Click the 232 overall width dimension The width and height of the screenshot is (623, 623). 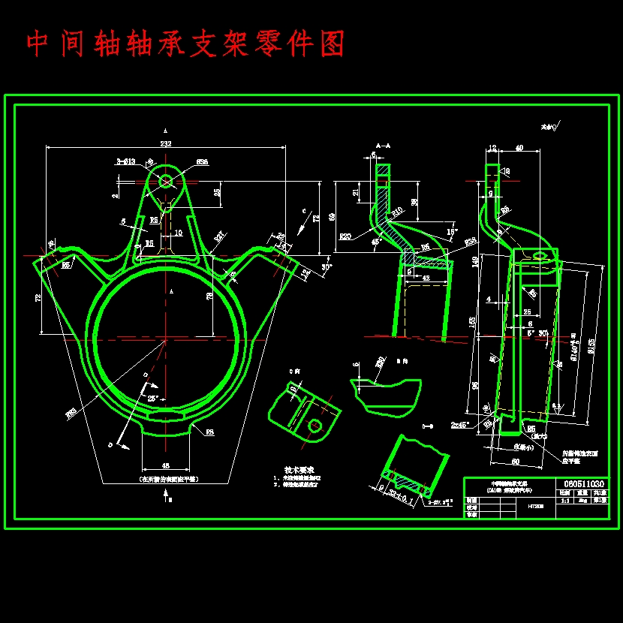(x=164, y=143)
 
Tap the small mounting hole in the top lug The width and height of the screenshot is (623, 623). (x=166, y=180)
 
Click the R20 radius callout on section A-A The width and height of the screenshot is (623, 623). (x=345, y=236)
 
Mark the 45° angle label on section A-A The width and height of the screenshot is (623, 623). (x=375, y=242)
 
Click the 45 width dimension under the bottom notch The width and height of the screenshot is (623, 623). (x=167, y=465)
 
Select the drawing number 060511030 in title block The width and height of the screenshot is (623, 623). (x=582, y=484)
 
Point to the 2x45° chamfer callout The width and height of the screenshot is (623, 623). (x=460, y=424)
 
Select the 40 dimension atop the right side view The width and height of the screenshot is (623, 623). (x=519, y=148)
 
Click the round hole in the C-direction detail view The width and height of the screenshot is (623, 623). (x=316, y=426)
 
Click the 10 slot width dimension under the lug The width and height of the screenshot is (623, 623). (x=178, y=233)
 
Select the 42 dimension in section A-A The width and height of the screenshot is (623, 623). (x=427, y=278)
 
